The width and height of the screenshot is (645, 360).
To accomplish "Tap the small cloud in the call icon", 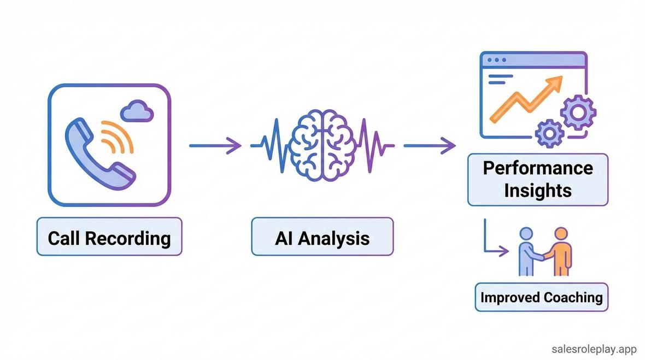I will tap(137, 111).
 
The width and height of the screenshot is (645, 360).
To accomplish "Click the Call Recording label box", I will tap(109, 238).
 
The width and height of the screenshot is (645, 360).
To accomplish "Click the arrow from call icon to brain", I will tap(215, 146).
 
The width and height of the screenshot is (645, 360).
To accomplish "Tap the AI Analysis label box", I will tap(322, 238).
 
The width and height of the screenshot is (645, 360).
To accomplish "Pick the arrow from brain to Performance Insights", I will tap(429, 146).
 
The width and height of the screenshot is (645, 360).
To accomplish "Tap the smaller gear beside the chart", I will tap(549, 132).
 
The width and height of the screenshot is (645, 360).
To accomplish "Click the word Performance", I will tap(537, 168).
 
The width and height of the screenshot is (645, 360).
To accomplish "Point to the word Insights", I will tap(537, 191).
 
